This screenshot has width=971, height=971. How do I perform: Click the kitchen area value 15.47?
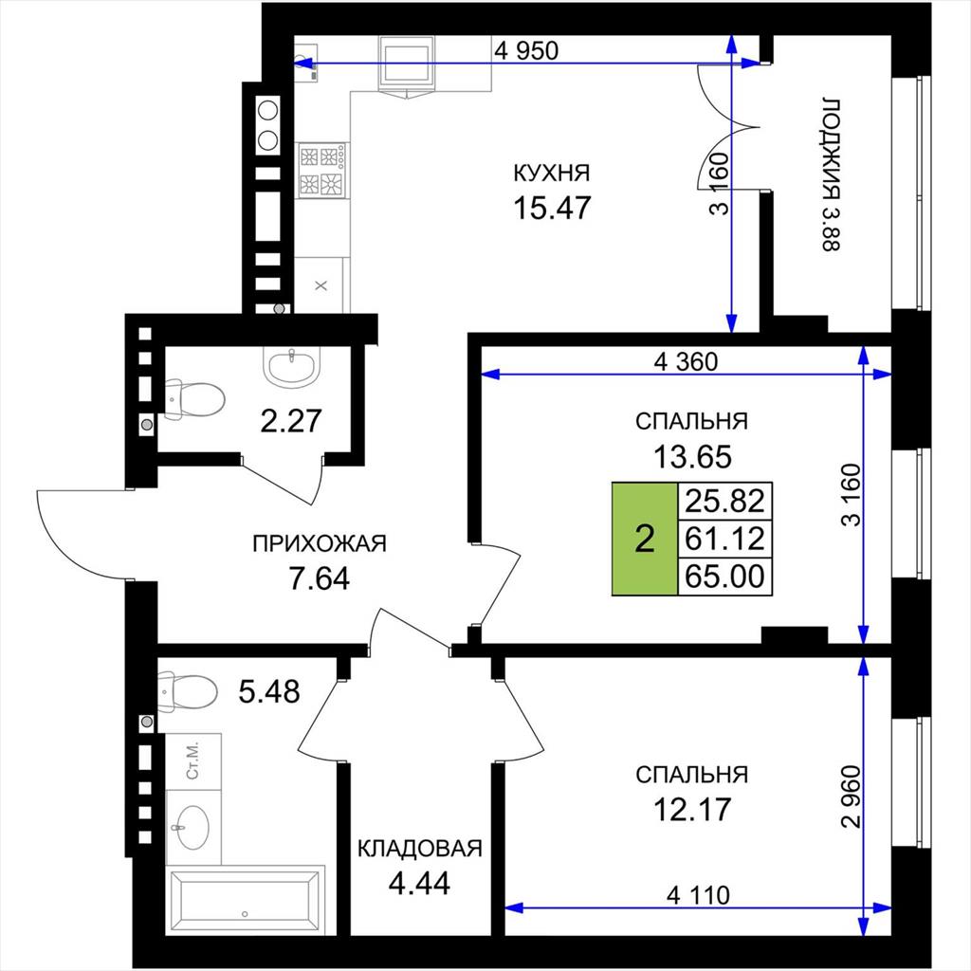point(553,208)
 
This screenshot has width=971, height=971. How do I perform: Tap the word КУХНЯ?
point(553,173)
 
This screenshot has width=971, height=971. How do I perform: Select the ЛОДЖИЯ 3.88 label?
point(831,174)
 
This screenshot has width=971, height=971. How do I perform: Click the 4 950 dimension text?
point(526,51)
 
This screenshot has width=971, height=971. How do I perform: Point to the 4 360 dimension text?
point(687,361)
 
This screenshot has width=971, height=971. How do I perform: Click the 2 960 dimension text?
point(852,797)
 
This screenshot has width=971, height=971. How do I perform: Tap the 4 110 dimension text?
point(699,895)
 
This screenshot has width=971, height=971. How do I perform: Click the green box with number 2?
point(645,539)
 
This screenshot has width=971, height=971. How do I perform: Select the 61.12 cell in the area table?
point(725,539)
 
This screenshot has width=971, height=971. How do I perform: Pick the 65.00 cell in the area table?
point(725,577)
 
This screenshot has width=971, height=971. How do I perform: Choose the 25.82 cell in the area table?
point(725,501)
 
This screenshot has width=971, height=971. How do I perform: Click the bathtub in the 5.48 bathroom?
point(247,900)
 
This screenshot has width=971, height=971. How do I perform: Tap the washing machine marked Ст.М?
point(193,761)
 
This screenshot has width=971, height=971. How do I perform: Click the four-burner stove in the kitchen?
point(322,171)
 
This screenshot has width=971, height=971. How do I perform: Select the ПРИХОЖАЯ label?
point(320,543)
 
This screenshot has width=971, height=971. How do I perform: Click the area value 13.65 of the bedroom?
point(692,457)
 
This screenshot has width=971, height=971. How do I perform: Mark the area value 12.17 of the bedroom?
point(692,810)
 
